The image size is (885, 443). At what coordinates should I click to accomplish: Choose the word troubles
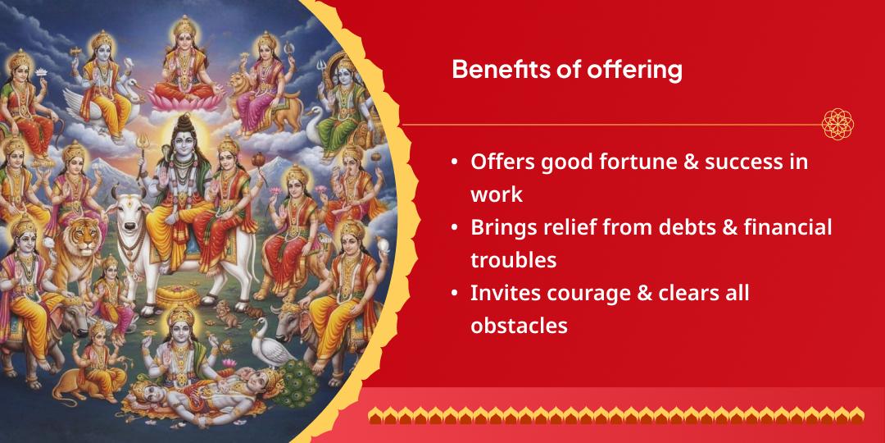click(513, 260)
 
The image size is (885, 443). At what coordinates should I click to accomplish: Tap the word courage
click(583, 293)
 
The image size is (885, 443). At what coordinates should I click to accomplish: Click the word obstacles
click(519, 326)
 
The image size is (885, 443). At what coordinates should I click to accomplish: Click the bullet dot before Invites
click(454, 294)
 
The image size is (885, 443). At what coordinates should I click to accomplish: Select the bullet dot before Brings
click(454, 228)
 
